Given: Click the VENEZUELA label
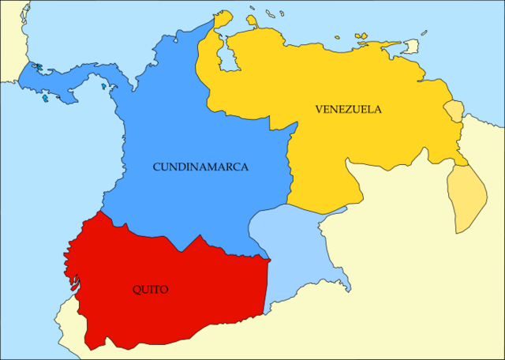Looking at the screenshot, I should tap(347, 109).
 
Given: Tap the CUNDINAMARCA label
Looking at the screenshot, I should tap(200, 167).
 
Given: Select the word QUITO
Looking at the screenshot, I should tap(150, 290).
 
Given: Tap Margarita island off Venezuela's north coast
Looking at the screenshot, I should tap(361, 35).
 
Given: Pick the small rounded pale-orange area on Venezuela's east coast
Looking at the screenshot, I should tap(453, 111).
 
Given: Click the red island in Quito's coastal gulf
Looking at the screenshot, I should tap(76, 278).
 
